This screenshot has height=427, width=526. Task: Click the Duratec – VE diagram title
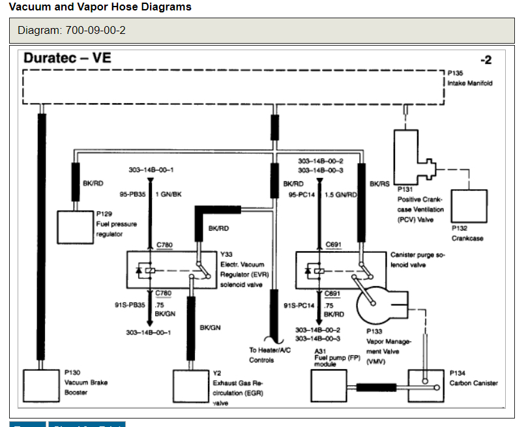pos(67,58)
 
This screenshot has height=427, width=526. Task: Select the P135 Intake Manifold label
pos(470,79)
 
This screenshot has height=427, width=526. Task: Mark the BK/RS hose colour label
pos(379,184)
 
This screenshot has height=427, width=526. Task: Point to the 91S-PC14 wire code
pos(299,304)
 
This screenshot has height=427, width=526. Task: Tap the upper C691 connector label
pos(334,245)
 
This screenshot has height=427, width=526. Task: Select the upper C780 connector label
pos(164,245)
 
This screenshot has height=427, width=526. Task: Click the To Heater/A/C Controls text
pos(270,355)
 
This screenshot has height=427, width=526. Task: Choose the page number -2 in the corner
pos(486,61)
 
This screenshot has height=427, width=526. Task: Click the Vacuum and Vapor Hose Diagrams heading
pos(100,7)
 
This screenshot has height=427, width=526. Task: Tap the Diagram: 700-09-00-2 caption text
pos(72,31)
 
